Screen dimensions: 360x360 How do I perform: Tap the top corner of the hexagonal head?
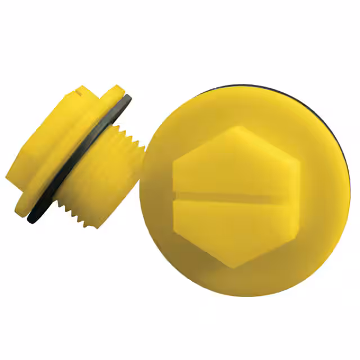pyautogui.click(x=237, y=127)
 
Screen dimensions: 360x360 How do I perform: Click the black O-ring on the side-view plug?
pyautogui.click(x=67, y=169)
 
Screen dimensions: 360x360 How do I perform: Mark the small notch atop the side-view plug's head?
pyautogui.click(x=79, y=88)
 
